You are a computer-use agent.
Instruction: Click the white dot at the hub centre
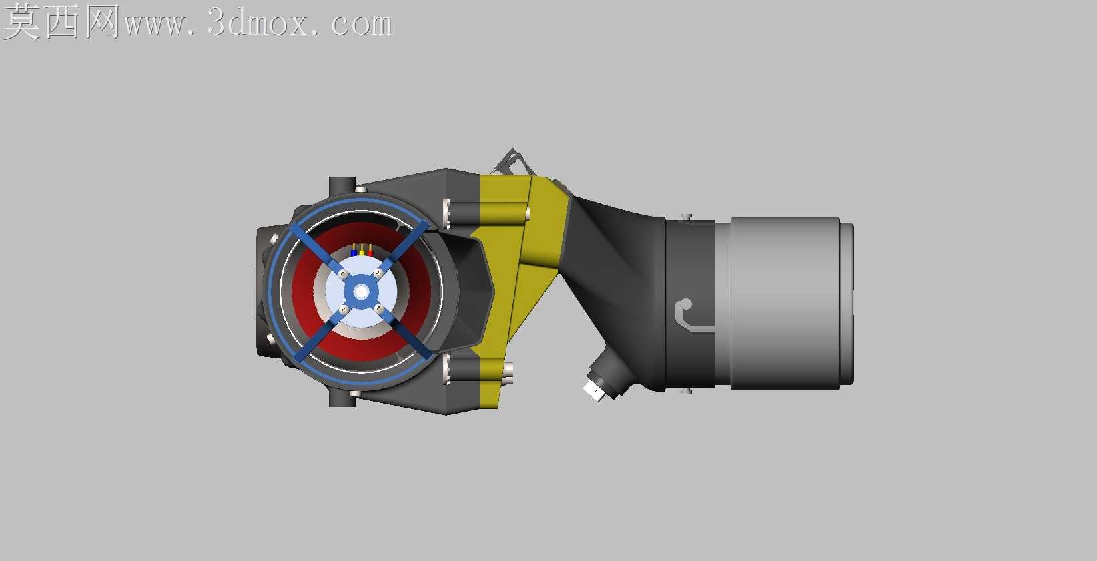coord(362,292)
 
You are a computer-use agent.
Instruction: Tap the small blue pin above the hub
coord(354,253)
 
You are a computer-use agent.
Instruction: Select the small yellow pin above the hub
coord(362,253)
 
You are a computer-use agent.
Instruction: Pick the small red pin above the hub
coord(370,253)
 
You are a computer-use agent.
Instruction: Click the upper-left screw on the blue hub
coord(344,274)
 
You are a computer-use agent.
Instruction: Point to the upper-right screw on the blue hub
coord(378,273)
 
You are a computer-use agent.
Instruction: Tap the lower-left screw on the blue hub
coord(344,310)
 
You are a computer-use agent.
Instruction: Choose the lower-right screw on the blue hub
coord(379,308)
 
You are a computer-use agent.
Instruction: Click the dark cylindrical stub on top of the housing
coord(342,185)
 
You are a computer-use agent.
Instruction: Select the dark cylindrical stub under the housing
coord(342,398)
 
